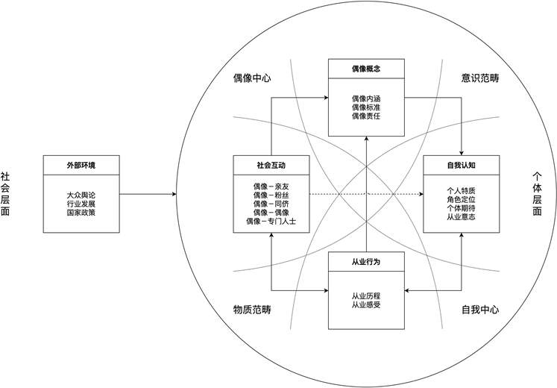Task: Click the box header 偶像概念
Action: point(366,70)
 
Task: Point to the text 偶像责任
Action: point(366,117)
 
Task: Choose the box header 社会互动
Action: point(271,165)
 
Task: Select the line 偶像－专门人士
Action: point(271,222)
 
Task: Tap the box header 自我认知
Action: point(461,165)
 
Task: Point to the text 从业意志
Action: point(461,217)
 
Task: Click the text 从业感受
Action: point(366,305)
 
